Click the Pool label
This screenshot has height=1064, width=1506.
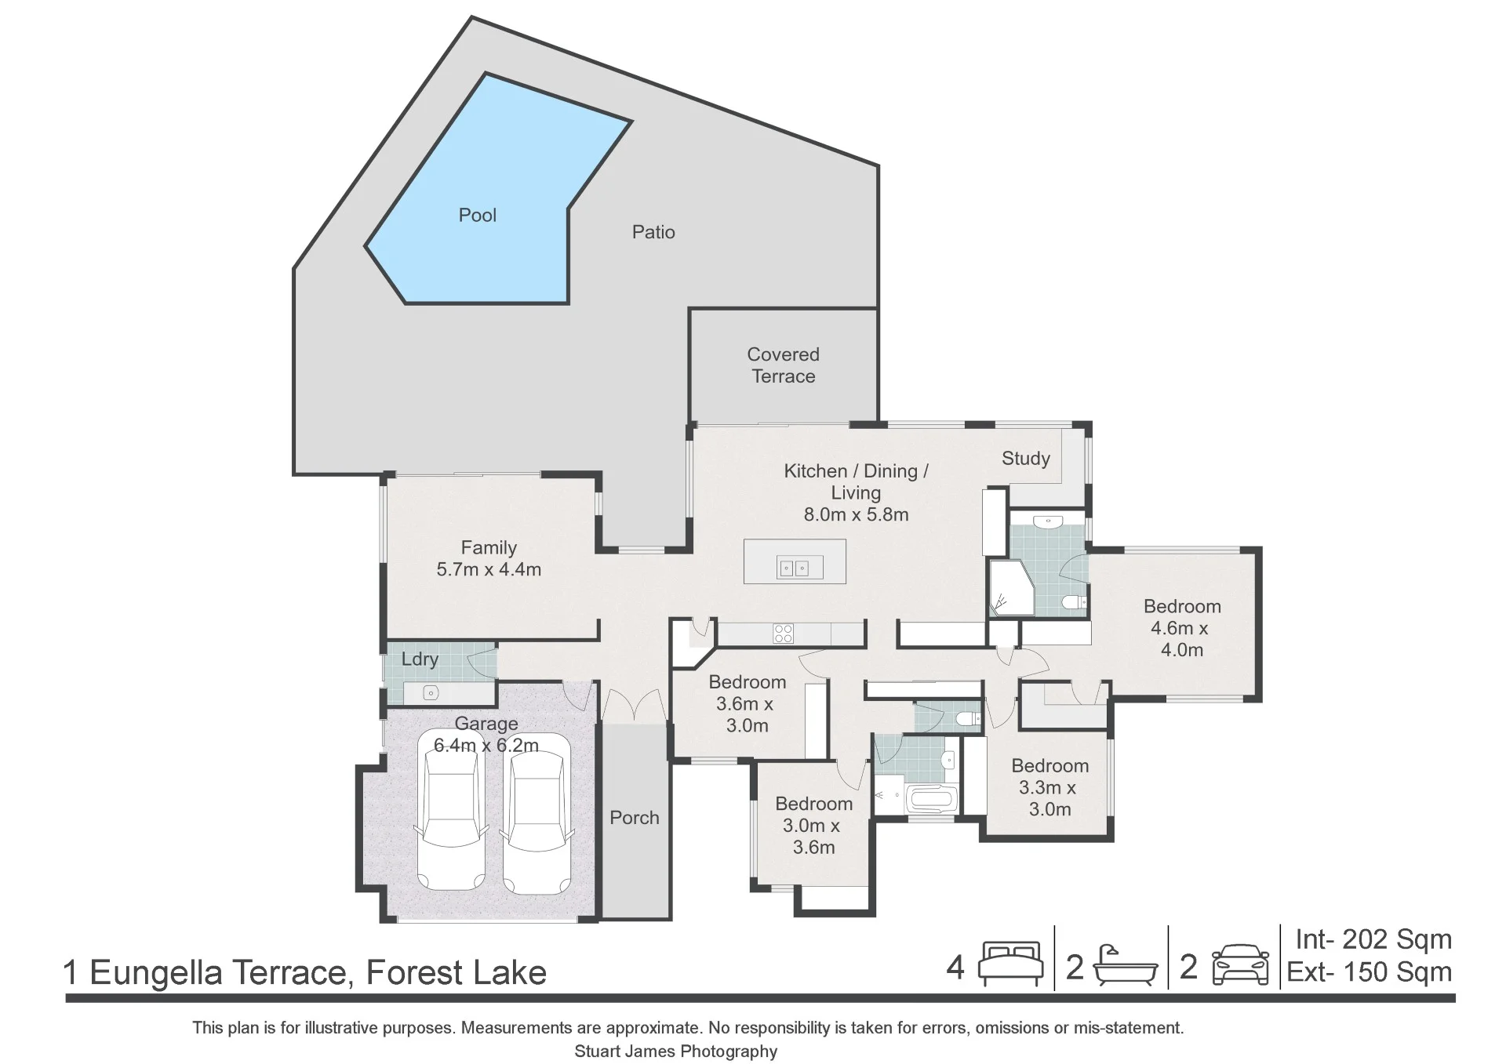pos(478,215)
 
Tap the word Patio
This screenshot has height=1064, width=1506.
pos(653,232)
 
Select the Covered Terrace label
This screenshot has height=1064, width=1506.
pos(783,365)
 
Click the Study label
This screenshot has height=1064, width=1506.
pos(1025,459)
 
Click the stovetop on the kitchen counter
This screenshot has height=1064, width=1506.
pos(784,634)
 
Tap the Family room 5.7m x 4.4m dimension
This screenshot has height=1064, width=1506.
pos(489,570)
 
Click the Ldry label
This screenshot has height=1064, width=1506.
pos(420,659)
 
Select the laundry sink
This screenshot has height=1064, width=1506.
pos(430,693)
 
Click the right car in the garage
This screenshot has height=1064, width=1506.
pos(536,814)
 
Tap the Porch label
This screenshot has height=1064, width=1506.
pos(635,818)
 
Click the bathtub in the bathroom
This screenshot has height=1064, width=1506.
pos(932,801)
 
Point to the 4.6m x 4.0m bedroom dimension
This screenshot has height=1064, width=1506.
pos(1182,639)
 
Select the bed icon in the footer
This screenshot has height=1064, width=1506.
pos(1010,964)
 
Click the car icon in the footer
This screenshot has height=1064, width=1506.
pos(1240,964)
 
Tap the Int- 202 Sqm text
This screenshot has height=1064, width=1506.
pos(1373,939)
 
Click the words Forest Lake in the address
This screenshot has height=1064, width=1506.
pos(456,973)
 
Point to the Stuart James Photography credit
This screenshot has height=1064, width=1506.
pos(675,1051)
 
